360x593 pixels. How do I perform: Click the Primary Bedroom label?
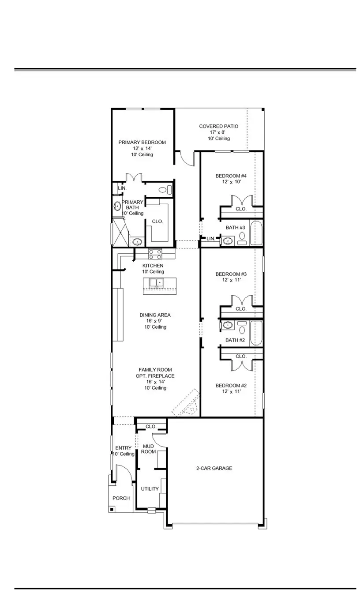click(x=142, y=143)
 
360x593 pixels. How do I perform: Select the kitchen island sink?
click(x=156, y=282)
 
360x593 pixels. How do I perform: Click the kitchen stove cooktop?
click(x=155, y=254)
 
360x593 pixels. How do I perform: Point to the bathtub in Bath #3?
click(x=256, y=233)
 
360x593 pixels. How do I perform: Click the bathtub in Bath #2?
click(x=256, y=334)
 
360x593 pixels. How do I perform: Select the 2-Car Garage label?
click(x=214, y=468)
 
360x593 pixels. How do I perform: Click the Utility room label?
click(x=150, y=489)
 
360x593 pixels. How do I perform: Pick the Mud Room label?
click(x=148, y=449)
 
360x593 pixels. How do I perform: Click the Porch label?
click(x=121, y=498)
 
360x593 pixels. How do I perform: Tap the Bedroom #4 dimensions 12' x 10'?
click(x=228, y=182)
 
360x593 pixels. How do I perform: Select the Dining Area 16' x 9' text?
click(x=155, y=321)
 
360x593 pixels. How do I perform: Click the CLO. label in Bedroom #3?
click(x=241, y=309)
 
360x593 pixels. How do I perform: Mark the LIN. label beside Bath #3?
click(x=210, y=239)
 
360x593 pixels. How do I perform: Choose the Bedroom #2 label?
click(x=228, y=386)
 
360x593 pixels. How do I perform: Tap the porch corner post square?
click(x=112, y=509)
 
